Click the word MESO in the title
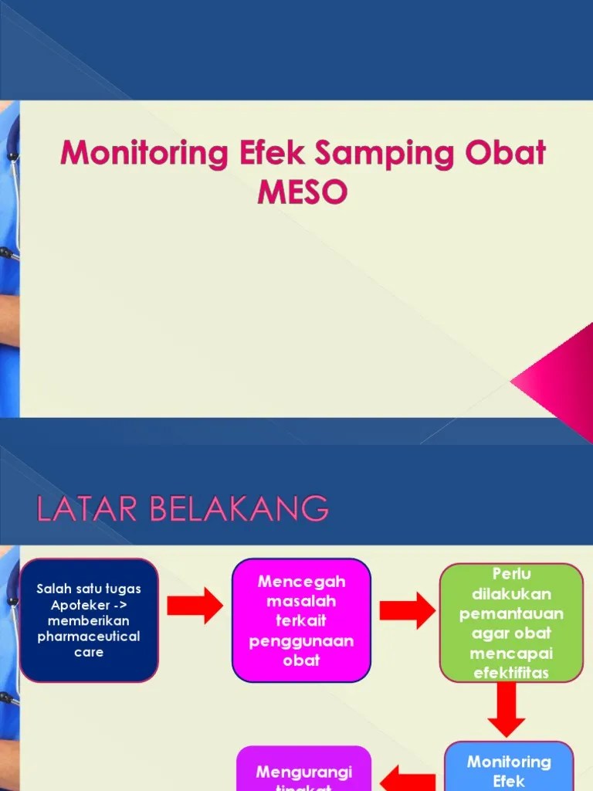tap(303, 192)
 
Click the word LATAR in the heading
tap(80, 510)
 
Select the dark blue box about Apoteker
tap(89, 620)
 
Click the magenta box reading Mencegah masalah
tap(301, 620)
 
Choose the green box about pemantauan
tap(511, 623)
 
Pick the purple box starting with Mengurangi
tap(303, 769)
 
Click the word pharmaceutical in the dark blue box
tap(89, 637)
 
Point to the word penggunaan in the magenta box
tap(301, 641)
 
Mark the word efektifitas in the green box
tap(510, 672)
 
